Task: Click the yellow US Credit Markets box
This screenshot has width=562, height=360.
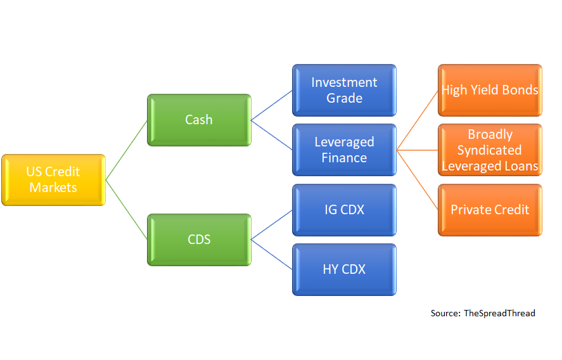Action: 53,180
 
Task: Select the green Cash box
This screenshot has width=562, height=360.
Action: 199,120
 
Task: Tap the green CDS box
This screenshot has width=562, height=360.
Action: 199,240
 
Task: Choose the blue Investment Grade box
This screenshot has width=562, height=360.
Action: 344,90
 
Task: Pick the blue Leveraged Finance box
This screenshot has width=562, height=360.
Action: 344,150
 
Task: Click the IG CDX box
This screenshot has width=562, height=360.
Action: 344,210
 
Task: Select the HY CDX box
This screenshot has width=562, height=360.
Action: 344,269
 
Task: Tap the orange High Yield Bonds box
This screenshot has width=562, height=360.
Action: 490,90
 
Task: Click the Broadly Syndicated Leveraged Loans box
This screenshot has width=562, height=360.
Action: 490,150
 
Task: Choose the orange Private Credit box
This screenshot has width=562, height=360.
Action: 490,210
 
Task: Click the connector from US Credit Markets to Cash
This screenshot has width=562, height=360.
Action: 126,150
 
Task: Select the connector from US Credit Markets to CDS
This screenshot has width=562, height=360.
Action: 126,210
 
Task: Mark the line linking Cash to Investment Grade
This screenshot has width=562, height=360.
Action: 272,105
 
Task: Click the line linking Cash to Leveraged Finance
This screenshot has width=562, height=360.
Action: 272,135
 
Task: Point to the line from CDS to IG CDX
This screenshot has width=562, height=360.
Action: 272,225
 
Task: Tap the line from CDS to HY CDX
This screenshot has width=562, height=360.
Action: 272,255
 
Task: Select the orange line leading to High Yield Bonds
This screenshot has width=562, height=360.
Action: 417,120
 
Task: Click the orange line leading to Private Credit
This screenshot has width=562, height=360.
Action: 417,180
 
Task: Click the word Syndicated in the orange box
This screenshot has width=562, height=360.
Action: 490,150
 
